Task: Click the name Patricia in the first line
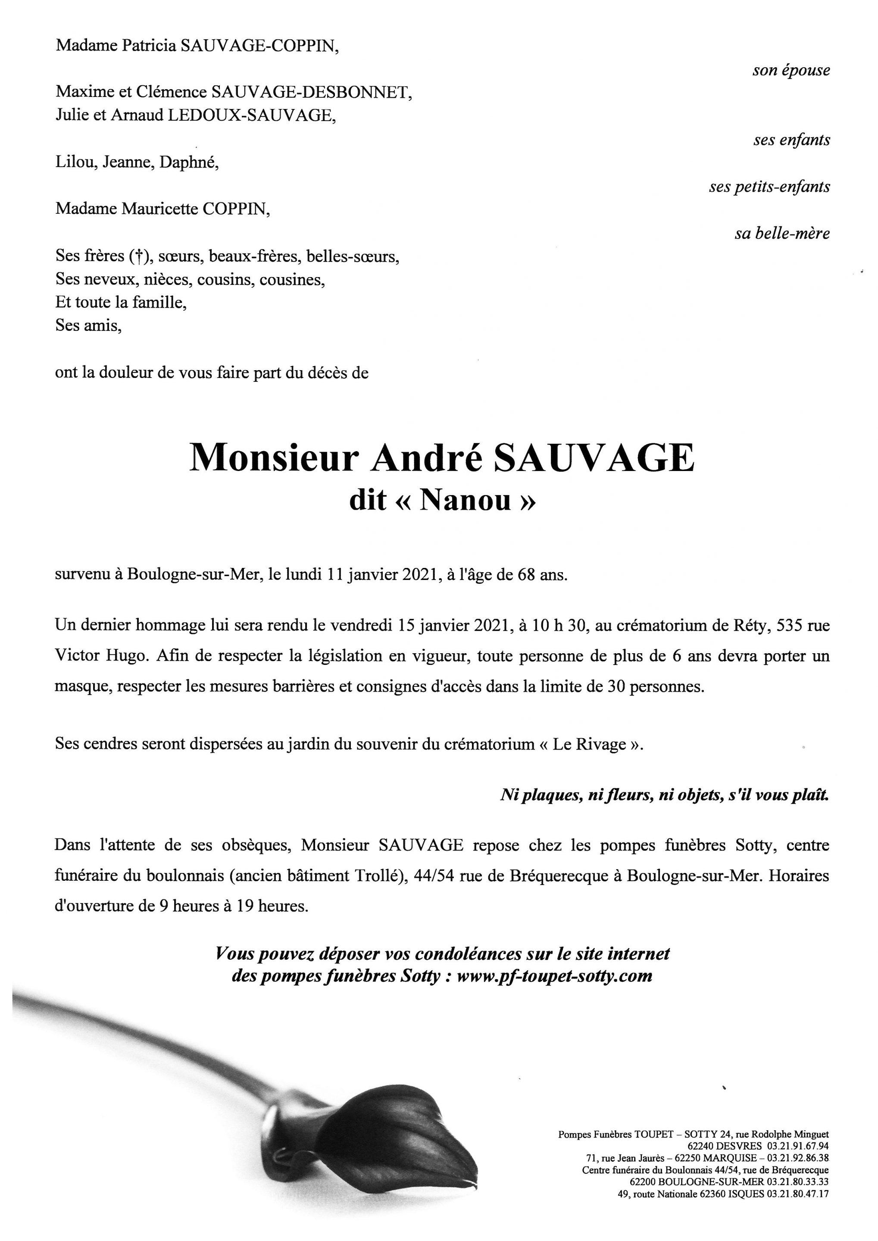click(149, 46)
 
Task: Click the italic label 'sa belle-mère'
click(782, 234)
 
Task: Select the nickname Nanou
click(465, 500)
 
